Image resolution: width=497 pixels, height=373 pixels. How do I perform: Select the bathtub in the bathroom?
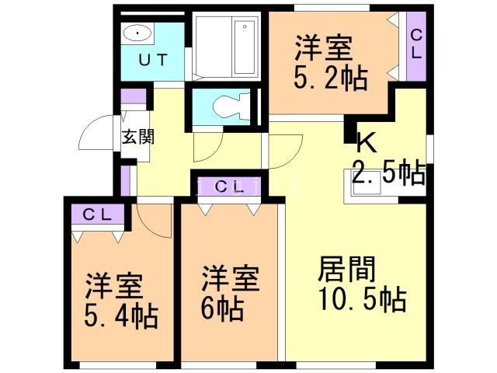tap(226, 46)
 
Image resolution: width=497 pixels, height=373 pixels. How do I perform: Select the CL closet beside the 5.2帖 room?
tap(416, 44)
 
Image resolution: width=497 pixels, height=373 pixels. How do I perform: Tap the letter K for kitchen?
tap(366, 144)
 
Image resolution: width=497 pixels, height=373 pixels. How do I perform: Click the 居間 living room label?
tap(347, 270)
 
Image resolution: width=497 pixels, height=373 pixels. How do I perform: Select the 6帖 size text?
tap(222, 308)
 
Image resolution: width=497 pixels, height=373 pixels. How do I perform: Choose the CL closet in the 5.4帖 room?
tap(97, 214)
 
